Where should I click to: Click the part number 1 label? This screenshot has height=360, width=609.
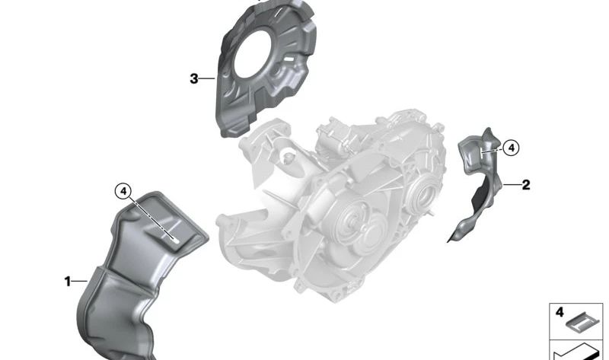coord(68,281)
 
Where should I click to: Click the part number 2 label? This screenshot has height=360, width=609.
coord(526,185)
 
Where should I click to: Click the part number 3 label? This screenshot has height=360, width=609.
coord(194,79)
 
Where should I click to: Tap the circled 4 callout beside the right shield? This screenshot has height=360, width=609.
coord(512,148)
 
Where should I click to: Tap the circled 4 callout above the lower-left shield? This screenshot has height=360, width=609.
coord(123,191)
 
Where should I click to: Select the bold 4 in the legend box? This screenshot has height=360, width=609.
coord(560,312)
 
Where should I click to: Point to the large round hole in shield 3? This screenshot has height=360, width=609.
coord(251,54)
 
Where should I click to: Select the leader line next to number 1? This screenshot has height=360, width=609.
coord(80,281)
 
